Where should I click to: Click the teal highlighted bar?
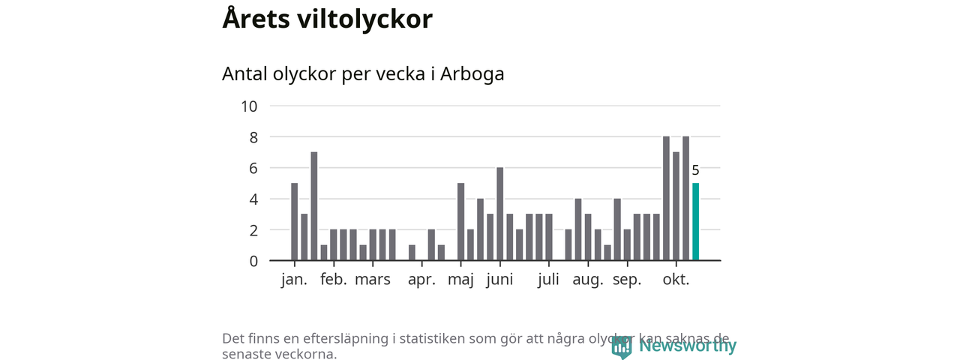point(695,222)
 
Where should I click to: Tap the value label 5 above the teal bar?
point(695,170)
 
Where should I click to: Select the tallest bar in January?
point(314,206)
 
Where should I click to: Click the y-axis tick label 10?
point(249,106)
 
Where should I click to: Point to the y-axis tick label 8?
point(253,137)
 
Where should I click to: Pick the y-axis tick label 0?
point(253,261)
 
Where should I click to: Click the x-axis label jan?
point(294,280)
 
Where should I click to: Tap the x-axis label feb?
point(334,280)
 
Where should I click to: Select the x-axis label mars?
point(373,280)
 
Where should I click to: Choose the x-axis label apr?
point(421,280)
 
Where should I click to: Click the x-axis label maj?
point(461,280)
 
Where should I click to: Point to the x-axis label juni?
point(499,280)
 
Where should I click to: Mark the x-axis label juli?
point(548,280)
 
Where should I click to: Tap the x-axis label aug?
point(588,280)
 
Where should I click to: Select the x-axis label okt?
point(676,280)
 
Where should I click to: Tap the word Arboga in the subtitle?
point(472,74)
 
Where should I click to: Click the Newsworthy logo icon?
point(622,346)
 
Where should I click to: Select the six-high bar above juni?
point(499,214)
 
